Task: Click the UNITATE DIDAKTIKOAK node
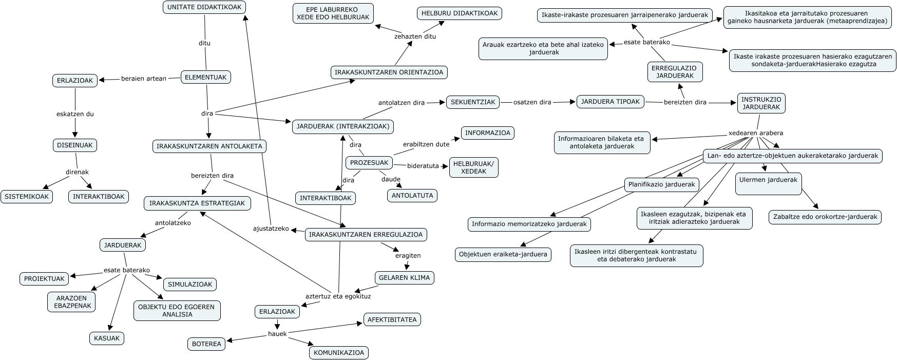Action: pos(204,7)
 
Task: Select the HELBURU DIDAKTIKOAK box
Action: pos(460,13)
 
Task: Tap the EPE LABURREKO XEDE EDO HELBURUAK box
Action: pos(333,13)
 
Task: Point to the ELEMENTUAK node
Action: pos(205,78)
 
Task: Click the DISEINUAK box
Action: pos(75,145)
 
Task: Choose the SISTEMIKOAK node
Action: pos(27,197)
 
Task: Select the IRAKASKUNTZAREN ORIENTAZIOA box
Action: pos(389,72)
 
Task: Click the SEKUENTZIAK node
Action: pos(473,102)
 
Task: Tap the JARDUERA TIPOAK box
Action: pos(610,102)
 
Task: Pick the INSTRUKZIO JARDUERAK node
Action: pos(761,103)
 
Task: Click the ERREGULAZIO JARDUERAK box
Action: pos(675,72)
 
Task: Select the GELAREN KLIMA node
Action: pos(405,278)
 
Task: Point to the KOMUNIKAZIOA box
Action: pos(339,353)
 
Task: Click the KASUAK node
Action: pos(107,338)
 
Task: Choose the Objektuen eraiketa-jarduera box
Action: pos(503,254)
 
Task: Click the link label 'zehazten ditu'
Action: pos(415,36)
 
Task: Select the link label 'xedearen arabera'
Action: pos(756,133)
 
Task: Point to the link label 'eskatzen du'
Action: pos(75,114)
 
